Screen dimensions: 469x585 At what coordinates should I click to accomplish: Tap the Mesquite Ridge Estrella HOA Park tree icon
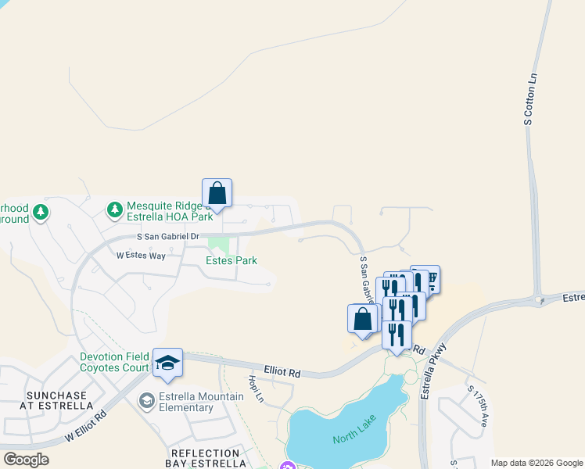pyautogui.click(x=115, y=209)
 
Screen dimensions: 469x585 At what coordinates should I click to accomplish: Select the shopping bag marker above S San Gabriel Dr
pyautogui.click(x=217, y=193)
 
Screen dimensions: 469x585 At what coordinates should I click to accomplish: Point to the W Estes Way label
pyautogui.click(x=141, y=256)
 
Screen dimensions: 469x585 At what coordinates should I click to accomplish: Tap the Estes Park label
pyautogui.click(x=231, y=260)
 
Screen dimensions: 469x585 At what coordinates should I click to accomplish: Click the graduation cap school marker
pyautogui.click(x=167, y=363)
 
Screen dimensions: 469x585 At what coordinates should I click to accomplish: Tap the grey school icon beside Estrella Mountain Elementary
pyautogui.click(x=146, y=402)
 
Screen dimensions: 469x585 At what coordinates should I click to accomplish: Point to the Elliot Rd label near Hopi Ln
pyautogui.click(x=283, y=374)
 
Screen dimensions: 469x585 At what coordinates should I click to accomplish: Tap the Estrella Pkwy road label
pyautogui.click(x=432, y=371)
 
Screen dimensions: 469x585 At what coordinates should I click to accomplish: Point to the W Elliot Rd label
pyautogui.click(x=86, y=428)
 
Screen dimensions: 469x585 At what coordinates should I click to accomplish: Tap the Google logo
pyautogui.click(x=27, y=460)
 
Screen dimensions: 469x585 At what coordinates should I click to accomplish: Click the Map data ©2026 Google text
pyautogui.click(x=536, y=463)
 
